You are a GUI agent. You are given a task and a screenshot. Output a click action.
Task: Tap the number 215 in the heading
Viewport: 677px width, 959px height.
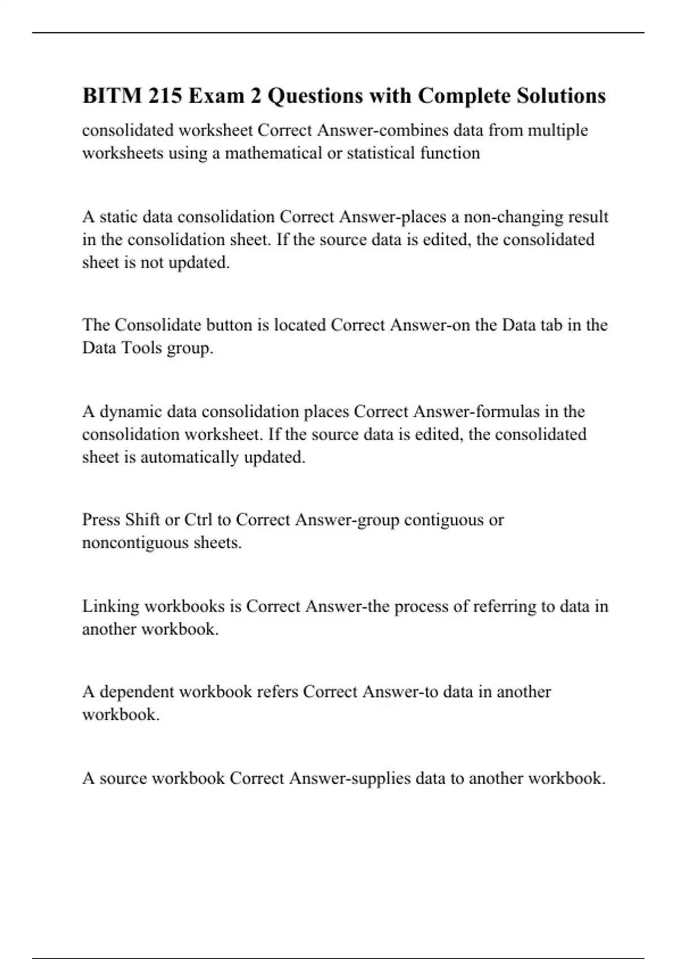click(x=165, y=96)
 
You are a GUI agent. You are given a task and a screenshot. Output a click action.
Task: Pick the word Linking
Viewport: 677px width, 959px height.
click(x=111, y=606)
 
